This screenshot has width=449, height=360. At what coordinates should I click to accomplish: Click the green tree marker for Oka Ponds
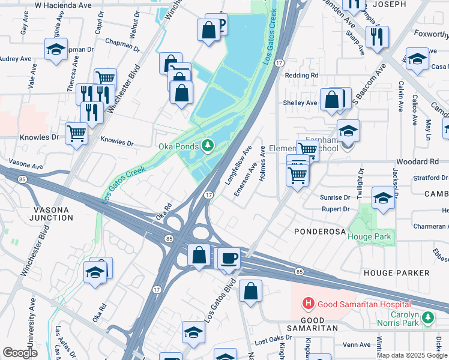(208, 145)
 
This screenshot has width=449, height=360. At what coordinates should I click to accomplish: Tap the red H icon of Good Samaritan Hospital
(309, 304)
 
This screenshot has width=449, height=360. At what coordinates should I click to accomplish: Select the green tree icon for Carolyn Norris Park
(428, 317)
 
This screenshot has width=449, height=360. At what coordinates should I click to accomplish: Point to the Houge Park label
(369, 236)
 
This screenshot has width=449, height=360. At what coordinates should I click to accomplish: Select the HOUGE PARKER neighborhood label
(396, 273)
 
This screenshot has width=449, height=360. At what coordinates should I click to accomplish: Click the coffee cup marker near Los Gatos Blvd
(228, 259)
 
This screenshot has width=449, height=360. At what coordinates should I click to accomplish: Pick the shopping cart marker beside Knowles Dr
(76, 133)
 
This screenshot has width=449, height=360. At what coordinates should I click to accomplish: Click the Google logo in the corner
(20, 353)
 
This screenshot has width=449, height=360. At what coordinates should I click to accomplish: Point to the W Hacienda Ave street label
(63, 5)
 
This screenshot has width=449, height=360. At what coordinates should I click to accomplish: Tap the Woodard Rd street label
(417, 162)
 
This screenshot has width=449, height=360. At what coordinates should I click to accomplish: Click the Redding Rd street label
(301, 76)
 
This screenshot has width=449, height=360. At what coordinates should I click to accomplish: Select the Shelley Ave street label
(300, 103)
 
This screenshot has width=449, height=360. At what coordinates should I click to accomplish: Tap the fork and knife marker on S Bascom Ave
(377, 37)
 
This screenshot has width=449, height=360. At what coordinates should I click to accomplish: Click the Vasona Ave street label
(25, 166)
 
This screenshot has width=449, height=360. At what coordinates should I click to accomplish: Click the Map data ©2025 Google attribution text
(412, 355)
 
